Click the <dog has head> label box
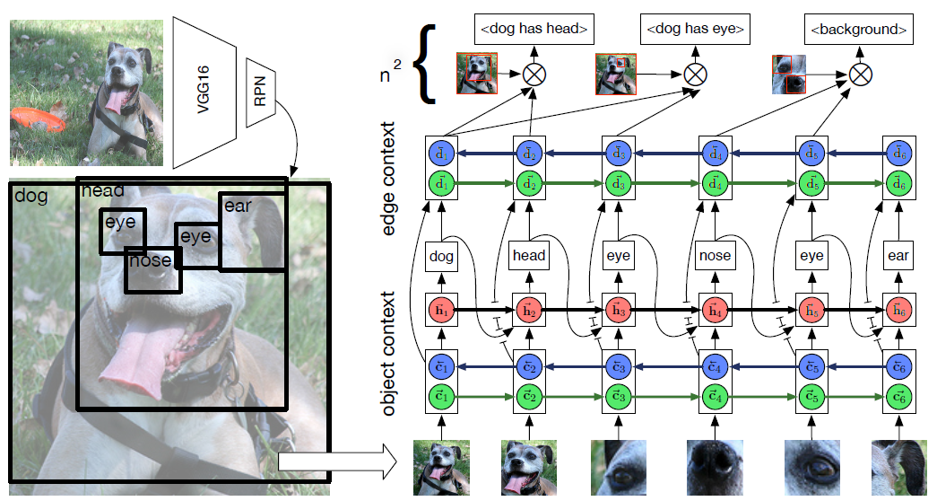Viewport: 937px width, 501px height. click(x=534, y=31)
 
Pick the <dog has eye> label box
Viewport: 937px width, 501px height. click(x=695, y=31)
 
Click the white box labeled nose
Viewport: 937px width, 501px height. click(x=715, y=256)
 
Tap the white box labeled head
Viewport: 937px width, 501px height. click(x=528, y=256)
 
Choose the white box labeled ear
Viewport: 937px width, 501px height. click(x=898, y=256)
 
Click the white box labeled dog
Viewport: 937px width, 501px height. click(x=441, y=256)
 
